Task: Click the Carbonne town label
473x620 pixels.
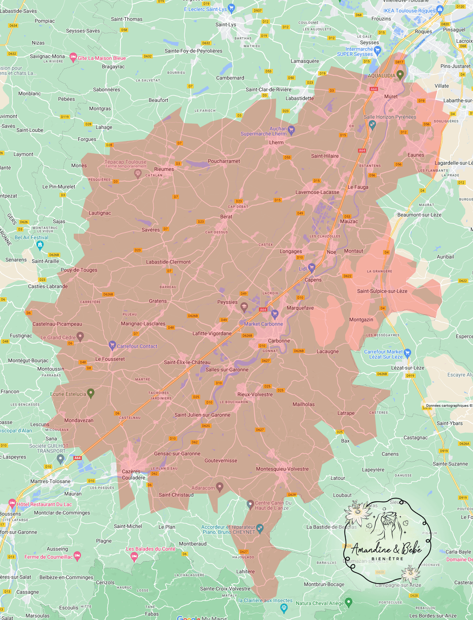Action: (279, 341)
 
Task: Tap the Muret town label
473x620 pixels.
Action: (390, 96)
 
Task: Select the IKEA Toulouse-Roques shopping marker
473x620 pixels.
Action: (440, 9)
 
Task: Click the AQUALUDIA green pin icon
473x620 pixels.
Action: (400, 75)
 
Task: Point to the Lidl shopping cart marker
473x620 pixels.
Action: (312, 268)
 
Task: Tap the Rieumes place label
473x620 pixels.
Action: (164, 169)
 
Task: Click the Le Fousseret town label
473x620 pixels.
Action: (110, 359)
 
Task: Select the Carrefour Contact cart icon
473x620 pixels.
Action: (112, 345)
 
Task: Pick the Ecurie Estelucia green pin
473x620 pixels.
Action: (91, 393)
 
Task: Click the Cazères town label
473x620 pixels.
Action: (131, 471)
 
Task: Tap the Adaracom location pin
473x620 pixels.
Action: (220, 487)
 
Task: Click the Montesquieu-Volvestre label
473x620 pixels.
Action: (282, 469)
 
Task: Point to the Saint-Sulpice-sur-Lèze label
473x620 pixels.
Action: (382, 291)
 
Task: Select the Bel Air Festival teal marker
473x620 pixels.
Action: (40, 245)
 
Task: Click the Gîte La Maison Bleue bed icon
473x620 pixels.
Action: (73, 57)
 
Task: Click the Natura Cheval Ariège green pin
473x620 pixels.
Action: (348, 602)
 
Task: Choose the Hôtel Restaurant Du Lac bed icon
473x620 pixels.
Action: (12, 503)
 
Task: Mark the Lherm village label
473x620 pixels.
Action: (276, 142)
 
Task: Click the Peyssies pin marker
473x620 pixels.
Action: (244, 306)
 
